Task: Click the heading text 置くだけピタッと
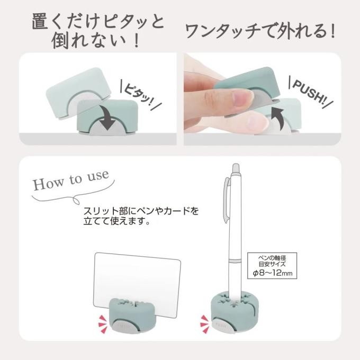pos(98,22)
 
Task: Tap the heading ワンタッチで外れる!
pos(260,31)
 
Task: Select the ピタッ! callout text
pos(140,94)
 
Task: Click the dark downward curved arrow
pos(107,118)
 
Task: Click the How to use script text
pos(71,180)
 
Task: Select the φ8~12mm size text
pos(272,273)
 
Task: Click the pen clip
pos(227,199)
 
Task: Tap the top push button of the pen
pos(236,169)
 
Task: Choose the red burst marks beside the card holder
pos(103,324)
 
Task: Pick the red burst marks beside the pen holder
pos(204,324)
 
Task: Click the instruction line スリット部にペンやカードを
pos(140,211)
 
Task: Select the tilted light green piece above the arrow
pos(78,93)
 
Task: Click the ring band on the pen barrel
pos(236,260)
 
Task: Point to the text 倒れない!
pos(96,41)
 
